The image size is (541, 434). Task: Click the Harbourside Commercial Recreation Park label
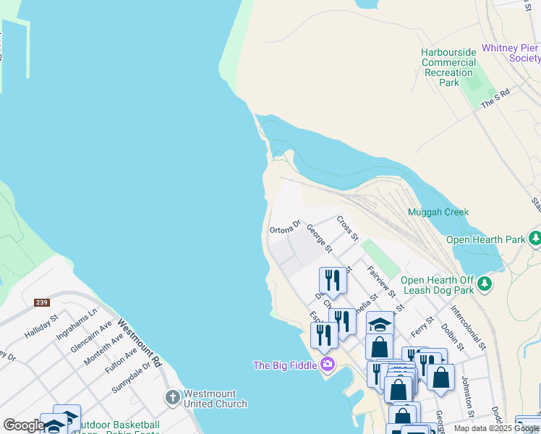[448, 67]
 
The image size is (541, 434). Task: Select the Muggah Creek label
[438, 213]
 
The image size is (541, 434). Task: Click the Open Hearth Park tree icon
[534, 239]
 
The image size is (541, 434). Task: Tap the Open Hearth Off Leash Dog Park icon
[485, 284]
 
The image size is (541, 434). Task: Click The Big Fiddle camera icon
[327, 365]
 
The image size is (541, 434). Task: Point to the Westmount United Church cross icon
[172, 398]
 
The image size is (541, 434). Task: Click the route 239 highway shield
[41, 302]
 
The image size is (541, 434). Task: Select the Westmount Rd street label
[138, 345]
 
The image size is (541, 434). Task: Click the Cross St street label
[348, 227]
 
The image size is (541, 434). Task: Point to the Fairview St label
[380, 282]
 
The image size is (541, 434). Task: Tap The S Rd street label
[496, 99]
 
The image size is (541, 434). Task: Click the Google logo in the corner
[23, 425]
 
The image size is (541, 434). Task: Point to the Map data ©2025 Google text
[496, 428]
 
